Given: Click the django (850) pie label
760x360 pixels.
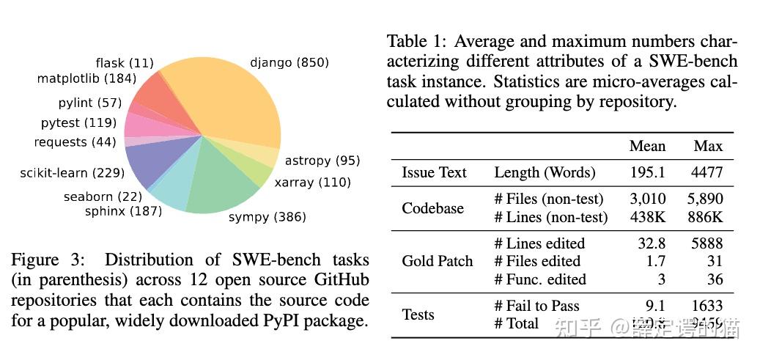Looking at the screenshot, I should [289, 63].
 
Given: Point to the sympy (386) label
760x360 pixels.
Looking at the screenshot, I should [267, 217].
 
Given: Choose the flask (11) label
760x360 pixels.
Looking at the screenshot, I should [125, 63].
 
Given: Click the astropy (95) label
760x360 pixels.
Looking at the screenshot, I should [322, 161].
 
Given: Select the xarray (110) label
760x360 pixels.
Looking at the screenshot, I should [312, 182].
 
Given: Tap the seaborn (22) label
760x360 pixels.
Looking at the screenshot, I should [102, 196].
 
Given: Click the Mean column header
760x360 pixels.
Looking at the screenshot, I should [647, 146].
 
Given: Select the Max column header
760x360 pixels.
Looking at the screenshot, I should [708, 146].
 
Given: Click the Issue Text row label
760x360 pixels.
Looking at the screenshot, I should [434, 173].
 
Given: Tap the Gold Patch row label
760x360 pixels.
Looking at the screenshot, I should [437, 261].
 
